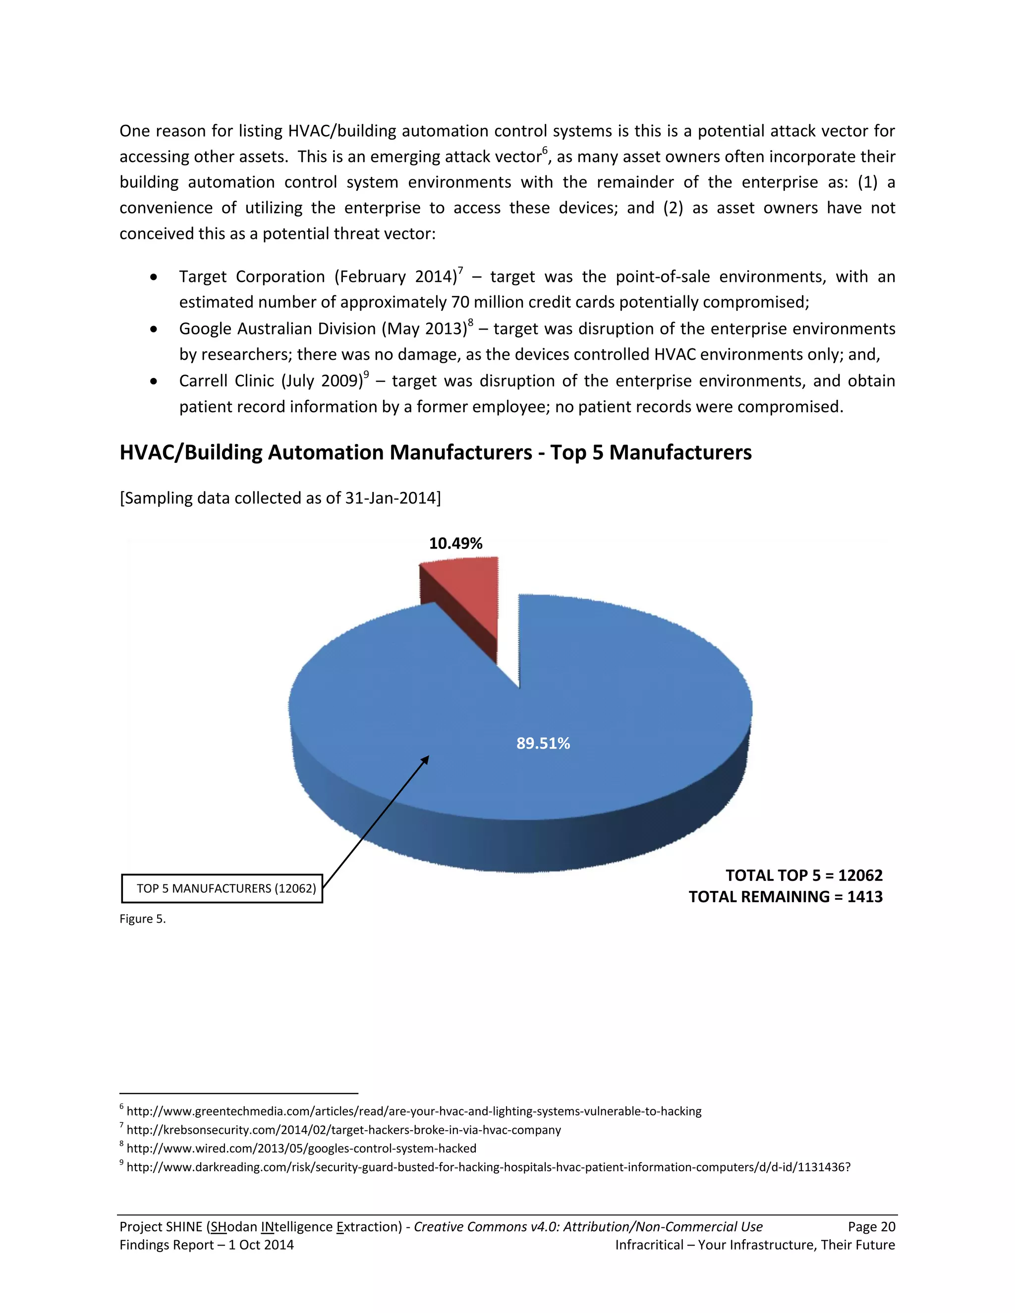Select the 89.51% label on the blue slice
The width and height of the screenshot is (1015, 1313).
pyautogui.click(x=543, y=744)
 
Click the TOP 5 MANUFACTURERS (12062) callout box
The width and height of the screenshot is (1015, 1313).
pyautogui.click(x=222, y=888)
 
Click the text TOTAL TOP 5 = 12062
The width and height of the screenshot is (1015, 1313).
pyautogui.click(x=803, y=875)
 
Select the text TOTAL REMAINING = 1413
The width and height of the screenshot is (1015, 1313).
pyautogui.click(x=786, y=897)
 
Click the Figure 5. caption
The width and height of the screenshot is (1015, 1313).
pyautogui.click(x=143, y=919)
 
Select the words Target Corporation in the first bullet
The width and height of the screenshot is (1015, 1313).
pyautogui.click(x=251, y=276)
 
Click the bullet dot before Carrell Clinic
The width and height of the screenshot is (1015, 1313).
pyautogui.click(x=155, y=382)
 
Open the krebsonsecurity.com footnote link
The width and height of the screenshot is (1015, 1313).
pyautogui.click(x=343, y=1130)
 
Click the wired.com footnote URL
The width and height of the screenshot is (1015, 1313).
pyautogui.click(x=301, y=1149)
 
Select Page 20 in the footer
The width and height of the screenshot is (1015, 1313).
pyautogui.click(x=871, y=1226)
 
